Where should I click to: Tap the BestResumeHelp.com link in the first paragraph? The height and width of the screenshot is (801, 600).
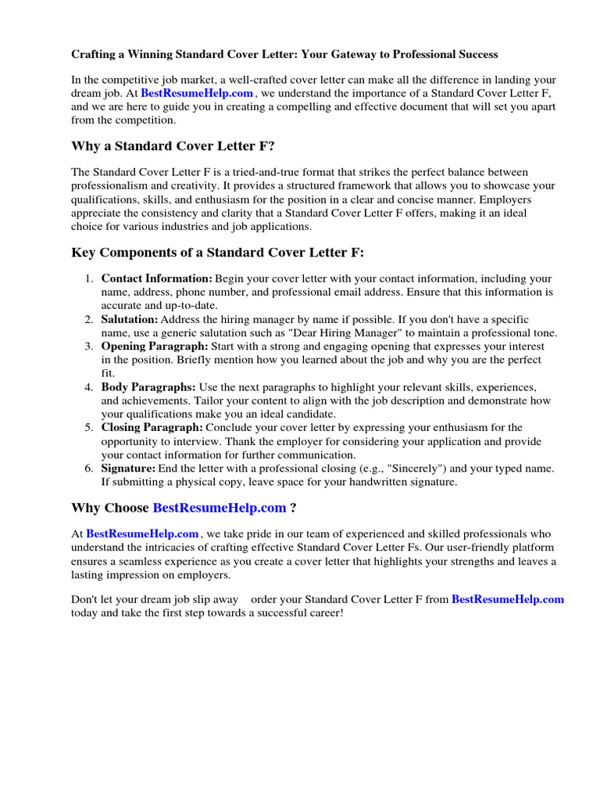click(x=197, y=92)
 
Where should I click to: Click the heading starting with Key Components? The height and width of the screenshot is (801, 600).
click(x=217, y=252)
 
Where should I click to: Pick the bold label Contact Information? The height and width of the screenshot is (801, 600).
click(x=157, y=278)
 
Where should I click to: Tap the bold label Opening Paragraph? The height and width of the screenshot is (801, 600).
click(x=154, y=346)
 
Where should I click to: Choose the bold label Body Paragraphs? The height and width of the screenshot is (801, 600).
click(x=148, y=387)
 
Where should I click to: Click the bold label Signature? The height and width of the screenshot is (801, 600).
click(x=129, y=469)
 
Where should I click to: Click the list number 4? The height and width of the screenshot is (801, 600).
click(x=88, y=387)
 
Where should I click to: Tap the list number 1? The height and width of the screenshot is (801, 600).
click(x=88, y=278)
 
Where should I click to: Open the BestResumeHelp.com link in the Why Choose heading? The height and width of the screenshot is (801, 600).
click(x=220, y=508)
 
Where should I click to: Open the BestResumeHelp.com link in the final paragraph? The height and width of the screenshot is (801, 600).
click(x=508, y=600)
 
